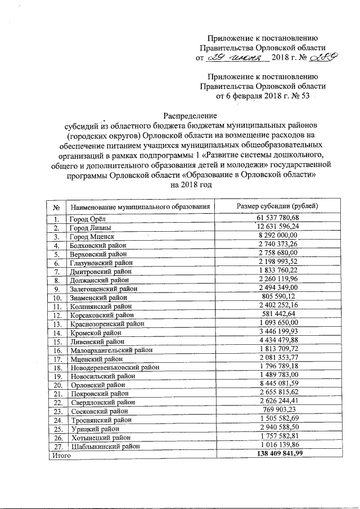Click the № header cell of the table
(56, 206)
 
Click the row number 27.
(56, 446)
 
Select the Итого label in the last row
(59, 454)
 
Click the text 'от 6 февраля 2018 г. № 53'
(263, 96)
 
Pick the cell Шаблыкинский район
(103, 446)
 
